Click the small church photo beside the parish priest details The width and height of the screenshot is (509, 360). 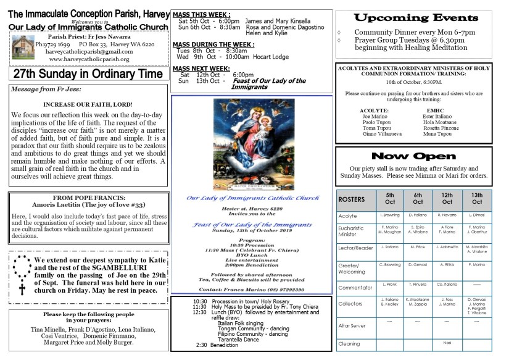click(x=23, y=47)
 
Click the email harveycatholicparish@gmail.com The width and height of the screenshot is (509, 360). click(x=89, y=52)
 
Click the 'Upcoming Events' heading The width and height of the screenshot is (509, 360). click(x=414, y=17)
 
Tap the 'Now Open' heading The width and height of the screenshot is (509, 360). click(x=414, y=156)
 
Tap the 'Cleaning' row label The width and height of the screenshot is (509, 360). click(x=349, y=344)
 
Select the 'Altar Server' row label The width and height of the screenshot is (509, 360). click(x=352, y=325)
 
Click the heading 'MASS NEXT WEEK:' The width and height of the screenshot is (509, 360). click(x=201, y=68)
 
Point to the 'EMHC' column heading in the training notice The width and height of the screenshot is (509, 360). click(x=435, y=110)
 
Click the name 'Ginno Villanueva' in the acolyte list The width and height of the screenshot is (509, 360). click(x=383, y=133)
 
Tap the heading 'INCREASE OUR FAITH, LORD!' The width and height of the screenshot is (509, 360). click(x=89, y=104)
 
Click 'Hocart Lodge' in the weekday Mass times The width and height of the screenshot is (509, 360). click(x=271, y=56)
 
